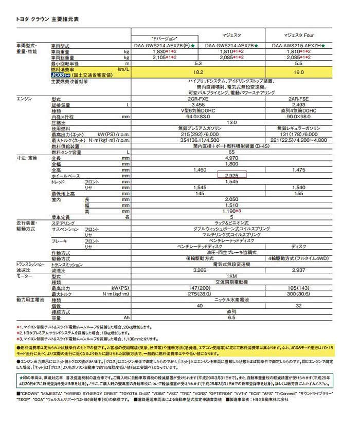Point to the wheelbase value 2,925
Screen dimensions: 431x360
(x=231, y=175)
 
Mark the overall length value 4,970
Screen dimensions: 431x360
(x=231, y=157)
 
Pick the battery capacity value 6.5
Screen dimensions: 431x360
(x=231, y=317)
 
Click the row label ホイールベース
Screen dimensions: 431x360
(x=66, y=175)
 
